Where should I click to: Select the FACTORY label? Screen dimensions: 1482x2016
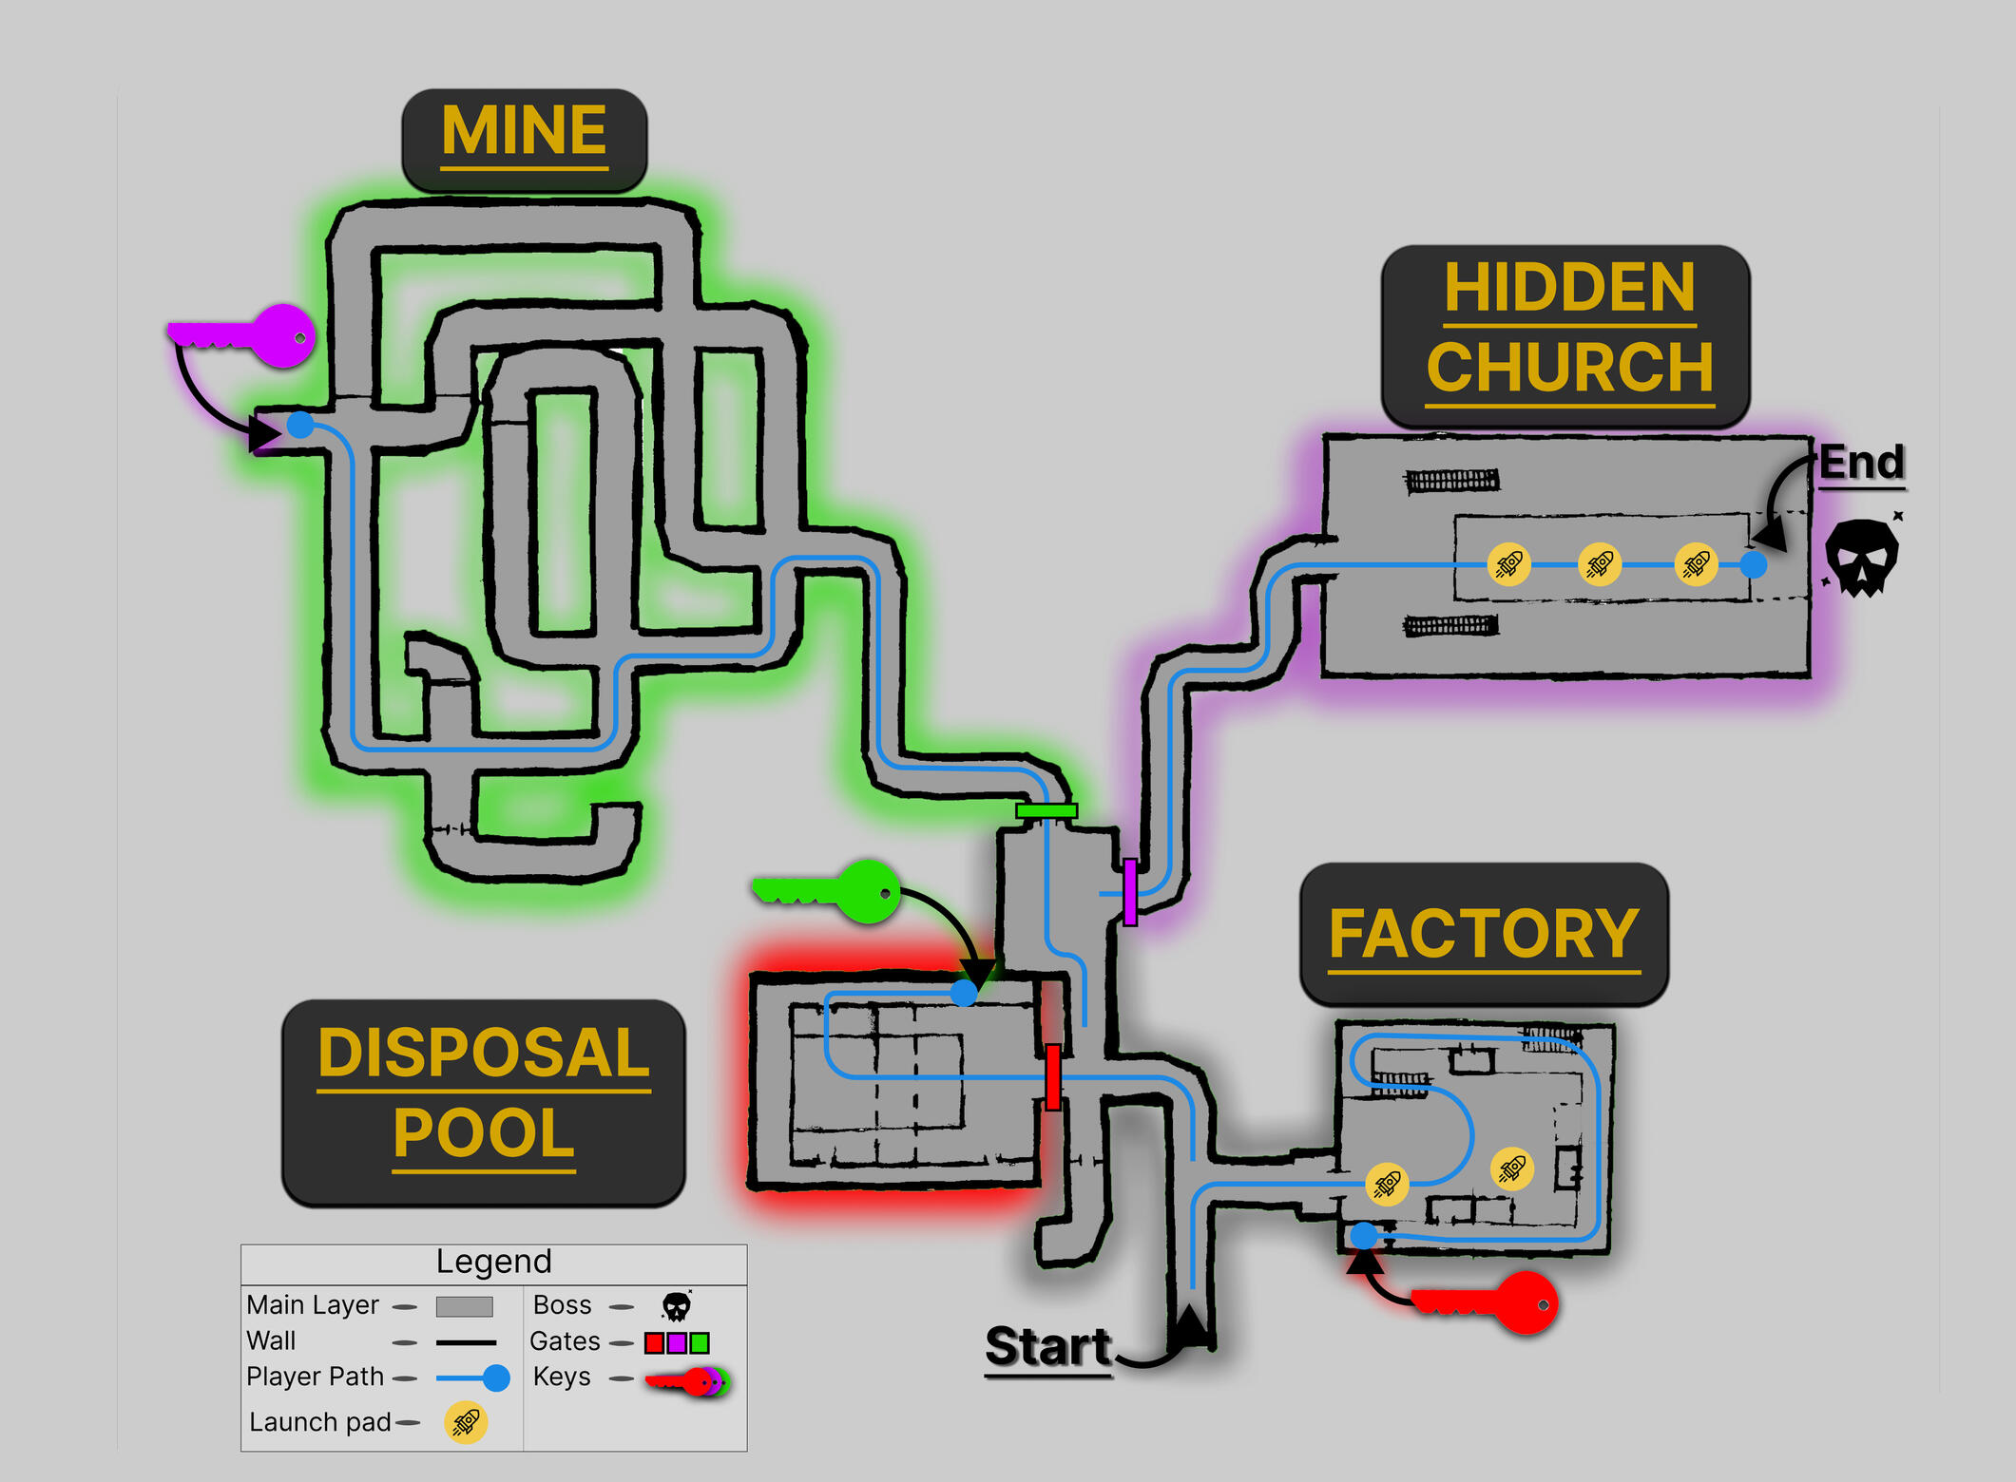coord(1484,934)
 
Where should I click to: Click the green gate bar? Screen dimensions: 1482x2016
coord(1046,811)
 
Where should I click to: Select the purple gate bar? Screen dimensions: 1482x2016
coord(1129,891)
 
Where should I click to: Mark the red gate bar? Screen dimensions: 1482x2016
coord(1052,1076)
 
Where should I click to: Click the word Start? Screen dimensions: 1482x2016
coord(1047,1346)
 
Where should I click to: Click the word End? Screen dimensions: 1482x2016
coord(1861,463)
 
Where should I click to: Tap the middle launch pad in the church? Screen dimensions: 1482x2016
coord(1600,564)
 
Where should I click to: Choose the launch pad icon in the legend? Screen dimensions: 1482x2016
coord(466,1422)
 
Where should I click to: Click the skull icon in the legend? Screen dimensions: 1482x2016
coord(676,1306)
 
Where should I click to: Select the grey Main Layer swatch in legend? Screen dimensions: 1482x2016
coord(464,1306)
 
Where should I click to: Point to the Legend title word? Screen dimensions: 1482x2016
coord(493,1262)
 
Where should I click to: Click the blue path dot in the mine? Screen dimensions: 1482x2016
coord(300,425)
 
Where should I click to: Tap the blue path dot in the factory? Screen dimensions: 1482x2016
coord(1364,1235)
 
